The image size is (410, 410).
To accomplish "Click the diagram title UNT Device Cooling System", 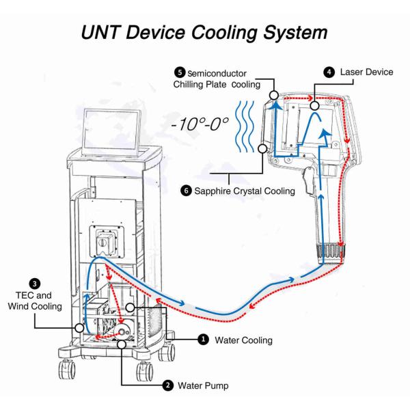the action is click(x=204, y=33).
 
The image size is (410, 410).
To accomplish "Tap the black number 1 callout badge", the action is click(x=203, y=340).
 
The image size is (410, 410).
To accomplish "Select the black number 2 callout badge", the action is click(x=167, y=385).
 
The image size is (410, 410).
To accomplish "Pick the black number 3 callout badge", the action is click(x=35, y=284).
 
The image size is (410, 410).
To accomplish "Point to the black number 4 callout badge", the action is click(x=329, y=72).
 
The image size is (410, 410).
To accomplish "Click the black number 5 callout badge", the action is click(x=180, y=72).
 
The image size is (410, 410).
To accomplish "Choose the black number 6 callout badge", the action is click(x=186, y=191).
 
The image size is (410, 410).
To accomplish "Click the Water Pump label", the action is click(x=203, y=385).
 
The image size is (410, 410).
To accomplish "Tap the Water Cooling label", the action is click(x=244, y=340).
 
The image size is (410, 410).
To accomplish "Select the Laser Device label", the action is click(x=366, y=72).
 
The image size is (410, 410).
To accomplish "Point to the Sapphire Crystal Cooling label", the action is click(x=245, y=191).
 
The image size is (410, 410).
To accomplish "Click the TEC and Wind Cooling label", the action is click(x=35, y=301).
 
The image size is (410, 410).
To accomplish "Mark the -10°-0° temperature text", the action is click(x=200, y=124).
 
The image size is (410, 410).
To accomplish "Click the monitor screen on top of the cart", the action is click(x=111, y=133).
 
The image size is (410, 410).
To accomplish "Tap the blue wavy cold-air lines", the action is click(x=245, y=126).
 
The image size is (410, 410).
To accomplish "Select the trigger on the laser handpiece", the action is click(x=308, y=181).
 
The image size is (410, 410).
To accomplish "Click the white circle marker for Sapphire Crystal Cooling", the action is click(x=262, y=148).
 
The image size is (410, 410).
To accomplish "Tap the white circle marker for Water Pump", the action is click(x=122, y=344).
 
